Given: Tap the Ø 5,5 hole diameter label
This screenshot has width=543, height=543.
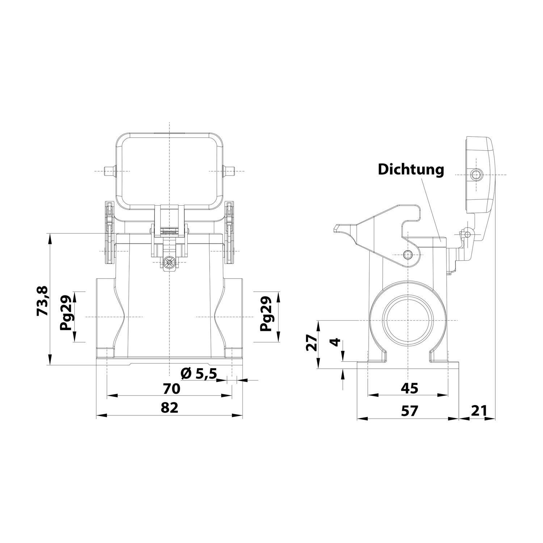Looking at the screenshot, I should (x=198, y=373).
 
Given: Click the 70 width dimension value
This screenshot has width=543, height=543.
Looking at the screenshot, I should (x=171, y=389).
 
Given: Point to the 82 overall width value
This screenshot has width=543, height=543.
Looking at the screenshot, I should (x=169, y=408).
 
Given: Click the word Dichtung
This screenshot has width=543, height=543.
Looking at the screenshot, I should (x=411, y=169).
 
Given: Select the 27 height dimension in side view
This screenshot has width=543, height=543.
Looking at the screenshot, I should (x=311, y=343).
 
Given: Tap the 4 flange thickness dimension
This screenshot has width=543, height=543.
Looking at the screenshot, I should (x=336, y=342).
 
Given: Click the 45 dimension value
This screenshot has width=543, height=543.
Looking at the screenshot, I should (x=409, y=388).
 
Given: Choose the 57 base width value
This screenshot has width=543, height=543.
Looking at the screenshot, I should (x=409, y=411).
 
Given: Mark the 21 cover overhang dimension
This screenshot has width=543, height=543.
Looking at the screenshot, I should (x=479, y=411).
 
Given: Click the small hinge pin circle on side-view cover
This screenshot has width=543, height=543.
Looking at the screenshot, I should (x=467, y=234).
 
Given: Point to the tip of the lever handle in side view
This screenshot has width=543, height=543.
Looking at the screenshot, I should (x=336, y=228).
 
